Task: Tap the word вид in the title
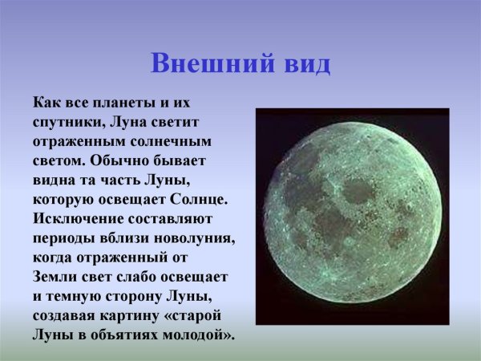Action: point(305,63)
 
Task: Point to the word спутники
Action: point(67,121)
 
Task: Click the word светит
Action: point(187,121)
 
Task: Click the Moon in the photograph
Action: point(352,216)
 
